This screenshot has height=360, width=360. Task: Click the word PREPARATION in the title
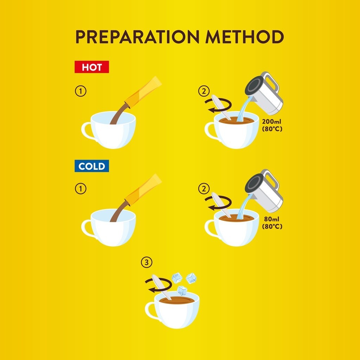[x=137, y=37]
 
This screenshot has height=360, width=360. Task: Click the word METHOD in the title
[x=245, y=37]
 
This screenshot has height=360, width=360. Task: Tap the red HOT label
[x=92, y=67]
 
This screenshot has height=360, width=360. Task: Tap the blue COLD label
[x=92, y=166]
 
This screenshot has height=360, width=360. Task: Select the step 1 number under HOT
[x=81, y=91]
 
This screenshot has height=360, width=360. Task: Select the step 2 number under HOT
[x=204, y=91]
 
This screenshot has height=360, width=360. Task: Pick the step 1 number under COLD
[x=81, y=189]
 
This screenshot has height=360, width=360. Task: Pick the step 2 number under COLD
[x=204, y=189]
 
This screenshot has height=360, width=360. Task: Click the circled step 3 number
[x=147, y=262]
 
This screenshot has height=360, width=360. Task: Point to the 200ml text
[x=272, y=121]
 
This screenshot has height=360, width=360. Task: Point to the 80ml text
[x=272, y=219]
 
